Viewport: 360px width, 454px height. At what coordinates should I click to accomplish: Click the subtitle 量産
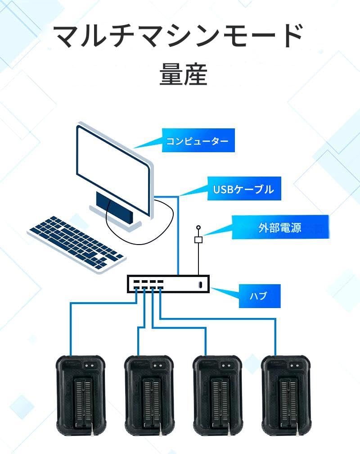183,75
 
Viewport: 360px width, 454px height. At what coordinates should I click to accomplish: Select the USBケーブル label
243,189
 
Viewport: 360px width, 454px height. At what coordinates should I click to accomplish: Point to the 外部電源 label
280,227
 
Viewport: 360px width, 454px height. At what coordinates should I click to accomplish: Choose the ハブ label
258,296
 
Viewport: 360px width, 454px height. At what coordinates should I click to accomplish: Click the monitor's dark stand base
115,207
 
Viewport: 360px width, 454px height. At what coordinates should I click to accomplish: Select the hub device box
168,284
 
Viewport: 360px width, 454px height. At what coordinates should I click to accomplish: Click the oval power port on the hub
200,285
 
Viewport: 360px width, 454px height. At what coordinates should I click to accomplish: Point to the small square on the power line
198,240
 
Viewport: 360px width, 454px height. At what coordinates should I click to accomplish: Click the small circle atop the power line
198,228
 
